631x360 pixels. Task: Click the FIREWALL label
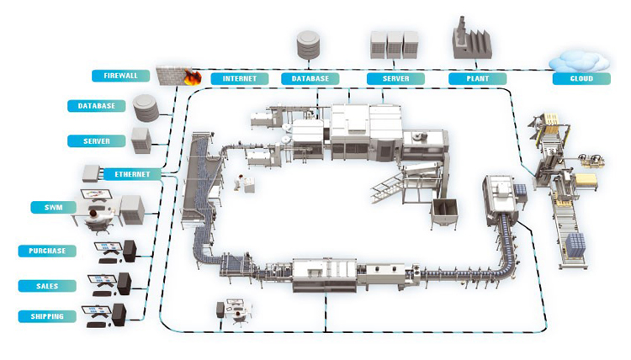point(121,76)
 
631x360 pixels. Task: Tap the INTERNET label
point(240,78)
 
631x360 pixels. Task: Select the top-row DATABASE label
point(310,78)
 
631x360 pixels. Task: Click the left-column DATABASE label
point(97,106)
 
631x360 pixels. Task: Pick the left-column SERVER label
point(97,140)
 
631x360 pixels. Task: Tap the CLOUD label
point(581,78)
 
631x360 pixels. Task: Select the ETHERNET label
point(133,174)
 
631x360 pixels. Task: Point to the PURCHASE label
point(48,250)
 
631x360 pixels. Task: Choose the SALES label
point(48,285)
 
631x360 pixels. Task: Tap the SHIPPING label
point(48,316)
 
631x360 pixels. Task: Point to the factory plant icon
point(475,40)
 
